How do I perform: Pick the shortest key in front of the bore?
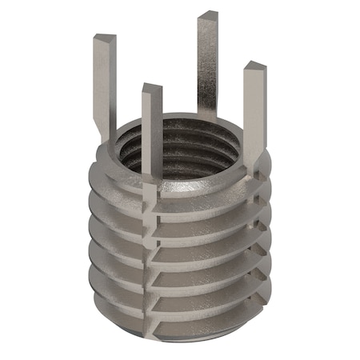152,128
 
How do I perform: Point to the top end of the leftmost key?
104,38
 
